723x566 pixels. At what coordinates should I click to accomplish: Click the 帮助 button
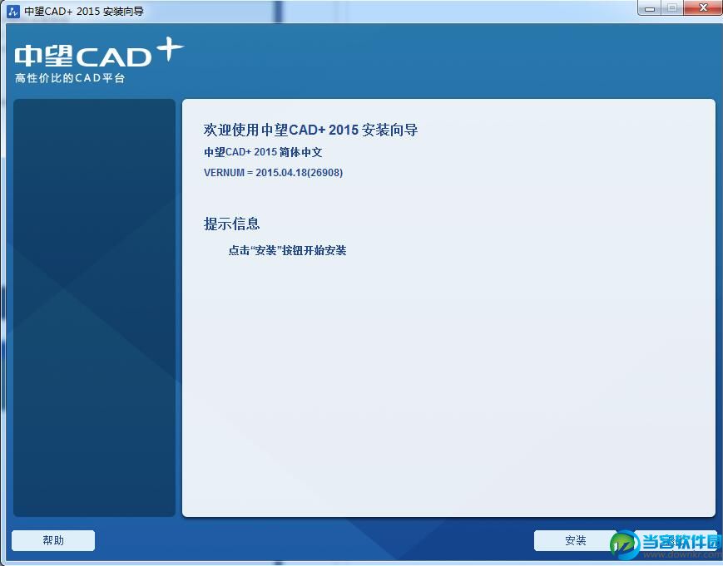point(53,540)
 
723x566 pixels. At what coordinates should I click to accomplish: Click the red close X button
point(703,7)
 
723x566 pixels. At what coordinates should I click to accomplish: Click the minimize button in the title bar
point(650,8)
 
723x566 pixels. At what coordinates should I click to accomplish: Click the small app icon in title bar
point(13,11)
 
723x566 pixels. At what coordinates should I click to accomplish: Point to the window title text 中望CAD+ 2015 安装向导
point(84,11)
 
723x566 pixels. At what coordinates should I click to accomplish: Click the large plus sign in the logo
point(170,49)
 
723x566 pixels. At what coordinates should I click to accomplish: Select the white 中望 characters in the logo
point(44,56)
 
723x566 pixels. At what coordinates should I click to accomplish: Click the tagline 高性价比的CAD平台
point(70,78)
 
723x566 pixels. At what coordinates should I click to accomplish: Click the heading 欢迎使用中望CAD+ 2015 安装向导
point(311,130)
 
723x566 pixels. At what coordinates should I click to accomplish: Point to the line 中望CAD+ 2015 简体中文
point(263,152)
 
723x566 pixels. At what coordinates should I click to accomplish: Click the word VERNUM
point(224,173)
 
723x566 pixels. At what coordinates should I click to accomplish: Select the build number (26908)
point(325,173)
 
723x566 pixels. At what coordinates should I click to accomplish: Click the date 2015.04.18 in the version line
point(281,173)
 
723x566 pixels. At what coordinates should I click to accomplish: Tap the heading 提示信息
point(231,224)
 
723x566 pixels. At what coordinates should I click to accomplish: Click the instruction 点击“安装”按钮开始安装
point(287,250)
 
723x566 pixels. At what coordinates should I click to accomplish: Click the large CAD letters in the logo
point(113,57)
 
